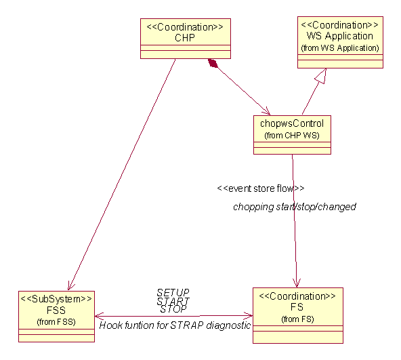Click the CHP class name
185,38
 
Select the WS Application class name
340,36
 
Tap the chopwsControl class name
292,123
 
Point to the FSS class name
56,311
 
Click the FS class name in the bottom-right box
297,307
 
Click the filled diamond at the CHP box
213,63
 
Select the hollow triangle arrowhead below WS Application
321,76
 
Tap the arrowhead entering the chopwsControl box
266,111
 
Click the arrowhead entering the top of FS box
297,283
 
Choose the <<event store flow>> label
261,188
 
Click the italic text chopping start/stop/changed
295,207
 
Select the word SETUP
173,292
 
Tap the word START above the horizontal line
173,301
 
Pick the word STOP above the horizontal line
173,309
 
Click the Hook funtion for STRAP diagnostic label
175,325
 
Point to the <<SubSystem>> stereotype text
56,299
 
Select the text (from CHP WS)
292,135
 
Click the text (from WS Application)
340,48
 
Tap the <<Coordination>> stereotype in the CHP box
185,27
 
